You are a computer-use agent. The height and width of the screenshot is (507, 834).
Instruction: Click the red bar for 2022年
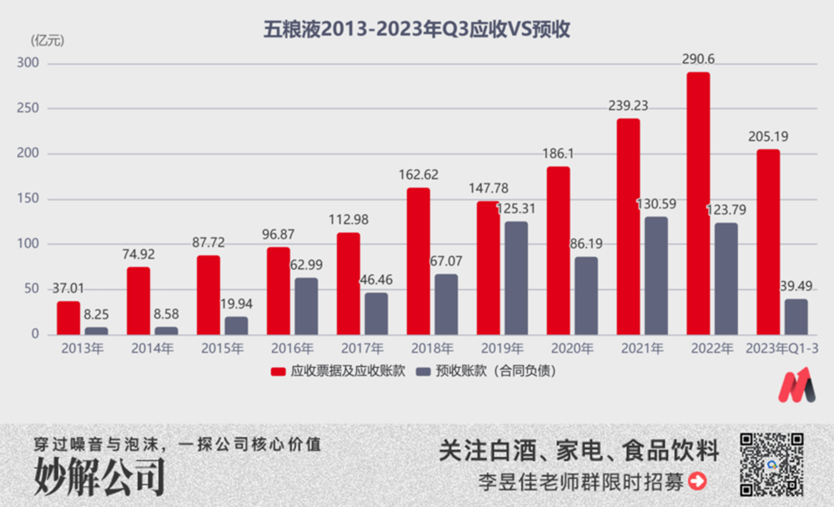click(698, 203)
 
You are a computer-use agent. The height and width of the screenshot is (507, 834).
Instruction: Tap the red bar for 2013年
click(68, 318)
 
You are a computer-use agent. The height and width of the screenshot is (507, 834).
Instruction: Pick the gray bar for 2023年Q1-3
click(795, 317)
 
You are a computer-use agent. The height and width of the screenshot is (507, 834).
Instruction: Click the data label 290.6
click(699, 60)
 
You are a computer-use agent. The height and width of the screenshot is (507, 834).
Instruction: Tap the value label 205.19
click(768, 137)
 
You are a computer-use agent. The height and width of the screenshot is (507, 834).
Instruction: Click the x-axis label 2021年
click(642, 349)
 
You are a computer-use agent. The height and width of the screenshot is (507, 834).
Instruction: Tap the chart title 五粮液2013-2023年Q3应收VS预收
click(416, 29)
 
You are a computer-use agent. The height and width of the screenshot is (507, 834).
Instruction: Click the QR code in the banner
click(772, 463)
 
